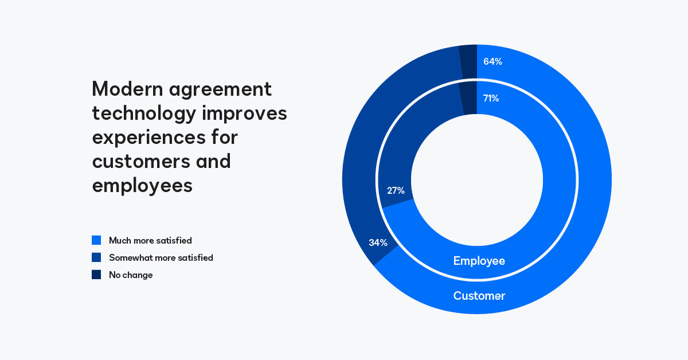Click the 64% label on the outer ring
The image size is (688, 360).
click(x=492, y=61)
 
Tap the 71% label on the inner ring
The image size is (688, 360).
click(x=491, y=98)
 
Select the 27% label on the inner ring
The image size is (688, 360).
click(x=396, y=190)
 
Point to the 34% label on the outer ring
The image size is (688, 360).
click(x=378, y=242)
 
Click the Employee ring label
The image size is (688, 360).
click(x=479, y=261)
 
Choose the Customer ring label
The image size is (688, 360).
click(x=479, y=296)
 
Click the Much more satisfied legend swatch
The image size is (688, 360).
click(x=96, y=240)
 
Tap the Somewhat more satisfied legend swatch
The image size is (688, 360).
click(x=96, y=257)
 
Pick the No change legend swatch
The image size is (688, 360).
click(x=96, y=275)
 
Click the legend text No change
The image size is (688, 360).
click(x=131, y=275)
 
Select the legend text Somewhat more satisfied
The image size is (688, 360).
click(x=161, y=258)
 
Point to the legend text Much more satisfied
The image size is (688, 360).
click(x=150, y=241)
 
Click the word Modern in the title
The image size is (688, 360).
click(x=124, y=89)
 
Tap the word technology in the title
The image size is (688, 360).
click(x=144, y=114)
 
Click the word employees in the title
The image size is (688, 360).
click(x=142, y=186)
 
